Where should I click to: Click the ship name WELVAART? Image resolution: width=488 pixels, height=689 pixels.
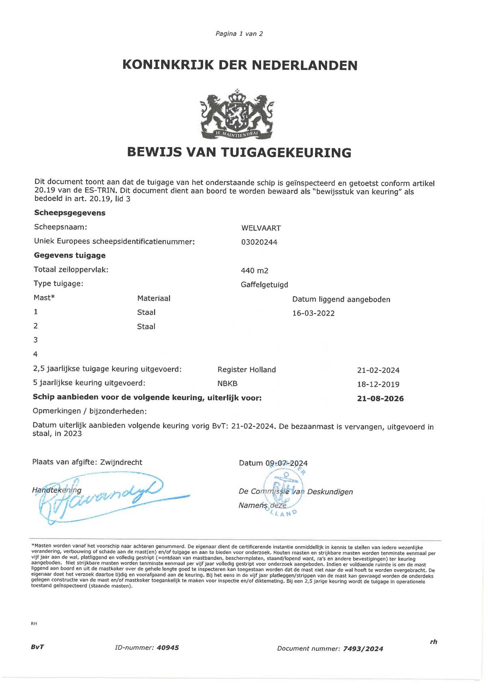261,228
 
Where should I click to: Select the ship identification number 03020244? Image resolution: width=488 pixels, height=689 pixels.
259,242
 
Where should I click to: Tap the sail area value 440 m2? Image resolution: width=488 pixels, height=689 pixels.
255,271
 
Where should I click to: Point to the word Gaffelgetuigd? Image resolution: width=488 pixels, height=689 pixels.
264,285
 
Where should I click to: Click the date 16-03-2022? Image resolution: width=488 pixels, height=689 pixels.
313,313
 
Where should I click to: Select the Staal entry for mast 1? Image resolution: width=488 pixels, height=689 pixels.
146,312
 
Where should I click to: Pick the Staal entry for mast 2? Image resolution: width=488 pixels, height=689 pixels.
146,327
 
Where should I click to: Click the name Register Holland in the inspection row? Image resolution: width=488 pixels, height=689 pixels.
246,370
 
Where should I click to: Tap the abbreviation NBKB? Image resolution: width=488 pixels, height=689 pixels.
227,383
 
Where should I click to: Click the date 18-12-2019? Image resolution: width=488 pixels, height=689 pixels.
378,384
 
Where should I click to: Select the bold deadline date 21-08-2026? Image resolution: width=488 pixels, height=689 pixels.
380,399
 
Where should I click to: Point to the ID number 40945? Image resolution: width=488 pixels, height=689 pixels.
168,648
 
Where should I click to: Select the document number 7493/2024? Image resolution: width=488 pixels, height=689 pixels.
363,649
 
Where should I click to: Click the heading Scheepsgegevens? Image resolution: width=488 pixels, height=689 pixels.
70,213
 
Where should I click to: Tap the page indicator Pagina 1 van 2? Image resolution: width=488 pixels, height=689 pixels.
239,34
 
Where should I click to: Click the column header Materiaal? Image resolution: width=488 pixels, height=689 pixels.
154,299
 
